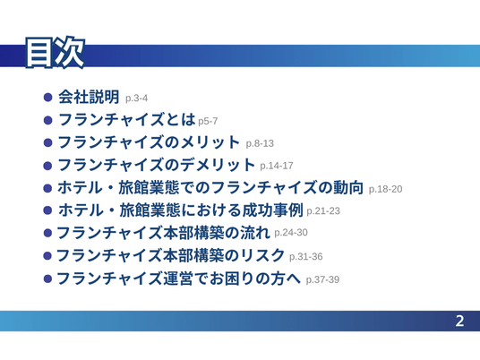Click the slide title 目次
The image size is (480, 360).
[x=55, y=52]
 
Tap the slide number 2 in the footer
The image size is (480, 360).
[x=459, y=321]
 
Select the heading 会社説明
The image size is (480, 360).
[x=89, y=97]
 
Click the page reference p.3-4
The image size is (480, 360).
[x=136, y=99]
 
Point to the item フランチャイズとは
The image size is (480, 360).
[x=127, y=119]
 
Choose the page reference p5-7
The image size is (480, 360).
[x=208, y=121]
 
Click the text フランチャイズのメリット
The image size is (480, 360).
[x=149, y=142]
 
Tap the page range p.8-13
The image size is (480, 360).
[x=260, y=143]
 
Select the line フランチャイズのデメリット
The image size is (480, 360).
[x=156, y=165]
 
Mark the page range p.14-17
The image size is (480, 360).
[x=277, y=166]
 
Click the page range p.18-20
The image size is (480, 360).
[x=385, y=189]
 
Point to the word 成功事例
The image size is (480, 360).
[x=273, y=210]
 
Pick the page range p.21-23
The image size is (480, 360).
[x=323, y=211]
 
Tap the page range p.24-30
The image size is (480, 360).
[x=291, y=233]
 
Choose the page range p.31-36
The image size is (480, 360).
[x=305, y=256]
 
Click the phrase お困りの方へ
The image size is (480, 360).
[x=254, y=279]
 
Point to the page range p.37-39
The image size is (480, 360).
[x=322, y=279]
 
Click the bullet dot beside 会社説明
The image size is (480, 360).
[x=48, y=98]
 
